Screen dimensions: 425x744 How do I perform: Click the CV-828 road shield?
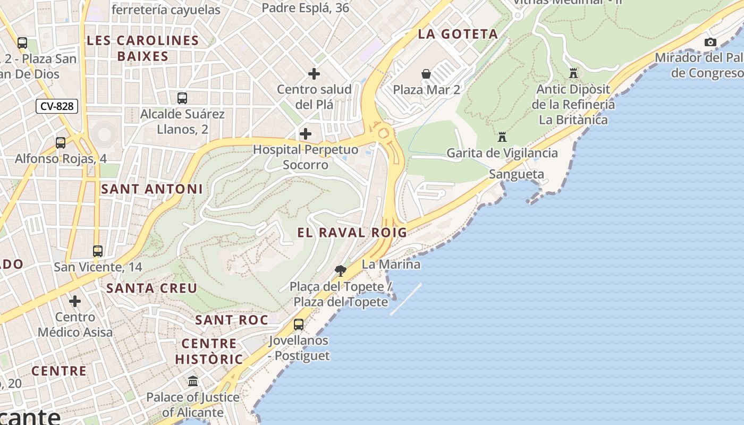coord(57,106)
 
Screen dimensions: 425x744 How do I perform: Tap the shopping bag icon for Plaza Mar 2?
coord(426,74)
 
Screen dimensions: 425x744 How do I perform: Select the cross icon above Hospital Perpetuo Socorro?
coord(306,134)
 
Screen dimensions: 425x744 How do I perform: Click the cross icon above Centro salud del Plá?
coord(314,73)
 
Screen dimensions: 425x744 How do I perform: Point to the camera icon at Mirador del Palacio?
coord(710,42)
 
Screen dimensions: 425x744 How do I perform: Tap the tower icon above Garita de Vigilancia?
coord(502,137)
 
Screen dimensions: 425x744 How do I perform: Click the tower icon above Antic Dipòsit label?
coord(573,73)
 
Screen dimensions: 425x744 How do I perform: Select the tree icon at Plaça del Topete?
coord(341,271)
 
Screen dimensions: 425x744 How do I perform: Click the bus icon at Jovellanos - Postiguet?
coord(299,324)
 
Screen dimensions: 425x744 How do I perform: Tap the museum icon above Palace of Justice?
coord(193,381)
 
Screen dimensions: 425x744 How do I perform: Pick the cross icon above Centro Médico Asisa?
coord(75,301)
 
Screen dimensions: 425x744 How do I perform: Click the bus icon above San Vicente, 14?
coord(98,251)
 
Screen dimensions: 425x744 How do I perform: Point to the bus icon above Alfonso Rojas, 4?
coord(61,142)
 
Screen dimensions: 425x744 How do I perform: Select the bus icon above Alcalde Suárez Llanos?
coord(182,98)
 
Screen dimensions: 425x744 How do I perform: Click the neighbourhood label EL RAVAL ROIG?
coord(352,232)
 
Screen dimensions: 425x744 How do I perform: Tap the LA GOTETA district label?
coord(458,34)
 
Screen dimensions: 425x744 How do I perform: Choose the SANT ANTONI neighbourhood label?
coord(152,189)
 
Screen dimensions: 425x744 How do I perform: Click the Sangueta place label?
coord(516,174)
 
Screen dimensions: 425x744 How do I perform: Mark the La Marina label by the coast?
coord(391,264)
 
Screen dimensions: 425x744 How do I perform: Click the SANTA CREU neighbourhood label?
coord(152,288)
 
